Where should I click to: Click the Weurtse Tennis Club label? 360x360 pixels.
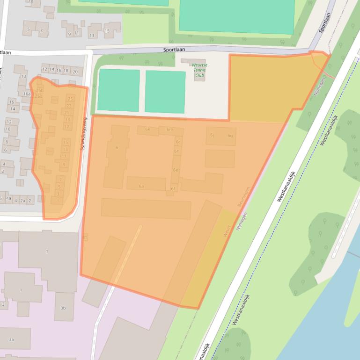tap(200, 70)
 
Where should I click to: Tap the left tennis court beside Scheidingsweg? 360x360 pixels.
tap(118, 90)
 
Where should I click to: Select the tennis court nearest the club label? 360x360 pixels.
tap(165, 92)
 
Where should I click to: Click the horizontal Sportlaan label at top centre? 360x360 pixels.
tap(174, 49)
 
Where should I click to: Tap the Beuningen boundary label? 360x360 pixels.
tap(243, 197)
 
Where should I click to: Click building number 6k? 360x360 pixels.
tap(147, 129)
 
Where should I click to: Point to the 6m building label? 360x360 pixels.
tap(170, 130)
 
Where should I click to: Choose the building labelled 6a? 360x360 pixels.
tap(141, 186)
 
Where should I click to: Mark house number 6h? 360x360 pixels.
tap(176, 151)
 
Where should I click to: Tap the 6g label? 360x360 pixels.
tap(230, 136)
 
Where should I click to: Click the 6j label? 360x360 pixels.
tap(212, 136)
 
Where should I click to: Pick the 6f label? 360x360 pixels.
tap(173, 189)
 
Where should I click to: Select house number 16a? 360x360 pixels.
tap(26, 94)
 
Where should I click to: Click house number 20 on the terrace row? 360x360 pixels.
tap(74, 72)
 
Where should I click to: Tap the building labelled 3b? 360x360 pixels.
tap(63, 308)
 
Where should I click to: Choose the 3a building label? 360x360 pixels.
tap(11, 339)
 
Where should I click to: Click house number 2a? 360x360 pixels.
tap(22, 201)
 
